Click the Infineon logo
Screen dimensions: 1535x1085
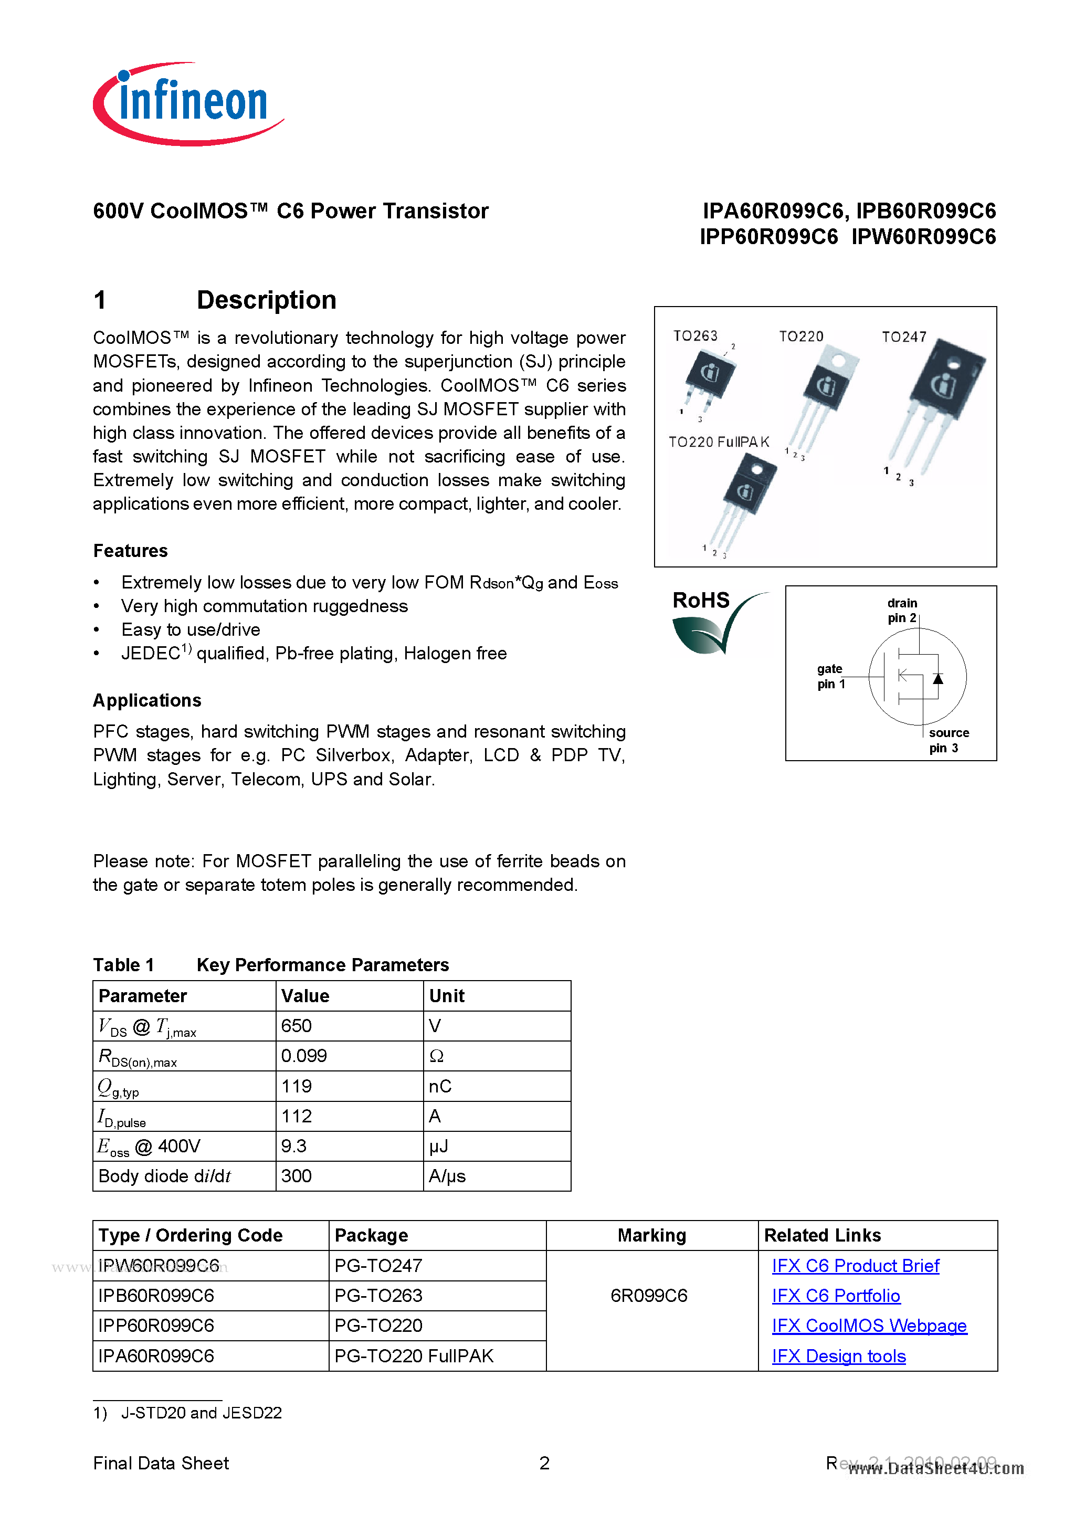[188, 103]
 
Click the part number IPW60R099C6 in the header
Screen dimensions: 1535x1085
[923, 237]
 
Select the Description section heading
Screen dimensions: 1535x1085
[266, 300]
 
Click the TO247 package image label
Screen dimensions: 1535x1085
[904, 337]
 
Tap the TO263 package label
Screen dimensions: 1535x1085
[696, 335]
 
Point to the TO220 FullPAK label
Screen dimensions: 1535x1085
[719, 442]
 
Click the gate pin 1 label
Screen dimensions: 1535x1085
[830, 676]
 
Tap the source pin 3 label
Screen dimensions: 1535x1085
[947, 740]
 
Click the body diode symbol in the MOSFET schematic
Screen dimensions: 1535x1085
[938, 679]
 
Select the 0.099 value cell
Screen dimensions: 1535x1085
[304, 1056]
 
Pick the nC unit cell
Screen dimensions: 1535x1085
[440, 1086]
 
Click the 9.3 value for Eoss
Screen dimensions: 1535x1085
[294, 1146]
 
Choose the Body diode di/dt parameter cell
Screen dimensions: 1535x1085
[164, 1176]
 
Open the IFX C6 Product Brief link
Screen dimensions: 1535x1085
[855, 1266]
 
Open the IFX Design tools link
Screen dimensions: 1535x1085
[838, 1356]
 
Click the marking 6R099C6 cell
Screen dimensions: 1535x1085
[648, 1296]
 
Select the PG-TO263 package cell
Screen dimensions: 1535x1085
[378, 1296]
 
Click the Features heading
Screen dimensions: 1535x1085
[130, 550]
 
